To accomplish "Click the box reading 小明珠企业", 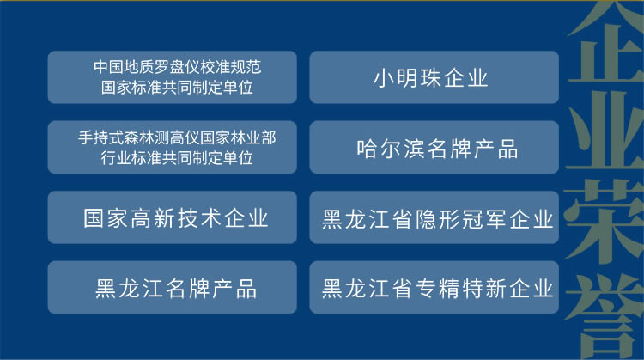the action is tap(434, 77).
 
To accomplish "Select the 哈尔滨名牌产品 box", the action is tap(434, 147).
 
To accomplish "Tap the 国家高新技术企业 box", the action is tap(172, 217).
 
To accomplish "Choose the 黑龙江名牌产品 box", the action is tap(172, 288).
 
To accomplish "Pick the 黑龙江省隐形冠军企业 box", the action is tap(434, 217).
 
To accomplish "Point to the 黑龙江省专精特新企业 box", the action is tap(434, 288).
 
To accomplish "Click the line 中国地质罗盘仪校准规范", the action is tap(178, 67).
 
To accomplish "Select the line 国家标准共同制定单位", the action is tap(177, 87).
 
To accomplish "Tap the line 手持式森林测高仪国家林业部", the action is tap(177, 137).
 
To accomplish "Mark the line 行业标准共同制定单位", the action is tap(177, 157).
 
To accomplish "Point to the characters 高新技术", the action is tap(176, 218).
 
